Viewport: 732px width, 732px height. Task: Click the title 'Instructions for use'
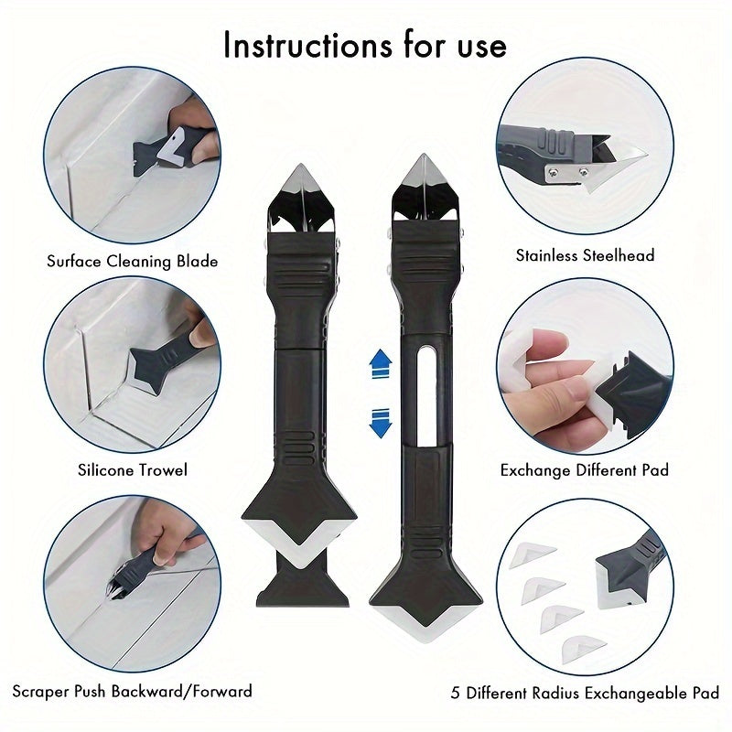tap(364, 44)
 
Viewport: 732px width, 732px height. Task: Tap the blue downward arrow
tap(379, 423)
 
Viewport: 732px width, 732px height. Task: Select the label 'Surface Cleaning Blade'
tap(133, 262)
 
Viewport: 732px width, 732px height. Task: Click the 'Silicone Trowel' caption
tap(133, 469)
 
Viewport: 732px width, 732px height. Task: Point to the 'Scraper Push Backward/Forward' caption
tap(133, 690)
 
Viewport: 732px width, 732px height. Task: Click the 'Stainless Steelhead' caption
tap(586, 255)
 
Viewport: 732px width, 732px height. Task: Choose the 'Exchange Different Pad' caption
tap(585, 470)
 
